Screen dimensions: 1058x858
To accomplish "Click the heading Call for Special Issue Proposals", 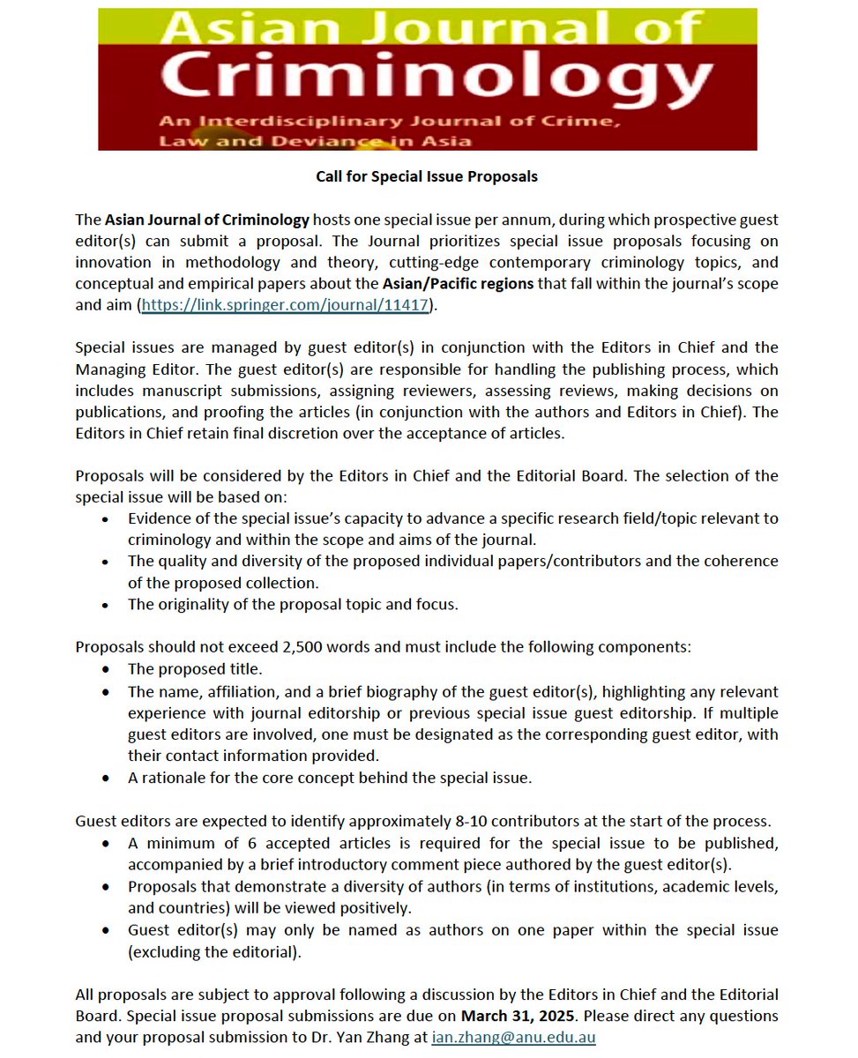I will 427,176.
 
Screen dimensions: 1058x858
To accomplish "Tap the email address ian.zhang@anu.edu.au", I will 513,1038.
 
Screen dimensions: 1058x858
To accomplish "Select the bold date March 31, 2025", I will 520,1017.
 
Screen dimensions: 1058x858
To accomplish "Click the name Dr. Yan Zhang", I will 381,1038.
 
